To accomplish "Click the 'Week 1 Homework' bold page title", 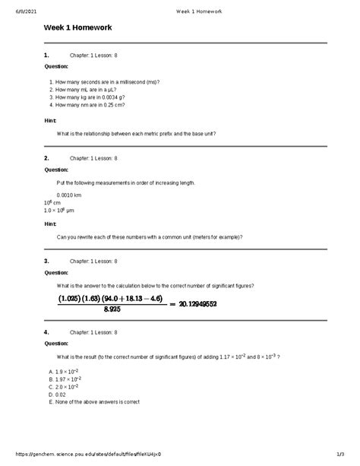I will click(x=77, y=28).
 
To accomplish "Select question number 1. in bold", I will click(x=47, y=55).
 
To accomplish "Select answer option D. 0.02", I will click(x=57, y=395).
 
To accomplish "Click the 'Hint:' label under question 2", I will click(x=51, y=224).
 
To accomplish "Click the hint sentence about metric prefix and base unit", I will click(x=136, y=134).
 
